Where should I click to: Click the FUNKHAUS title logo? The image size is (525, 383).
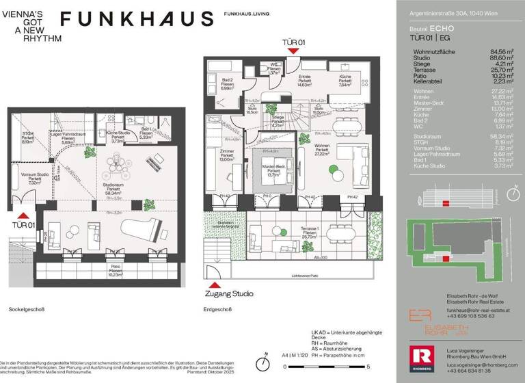(137, 19)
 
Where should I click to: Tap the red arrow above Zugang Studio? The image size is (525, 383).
(214, 284)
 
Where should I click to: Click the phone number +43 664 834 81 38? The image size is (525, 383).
(469, 371)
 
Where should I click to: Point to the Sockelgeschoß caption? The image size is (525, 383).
(27, 309)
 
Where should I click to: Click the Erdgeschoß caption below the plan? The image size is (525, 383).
(217, 309)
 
